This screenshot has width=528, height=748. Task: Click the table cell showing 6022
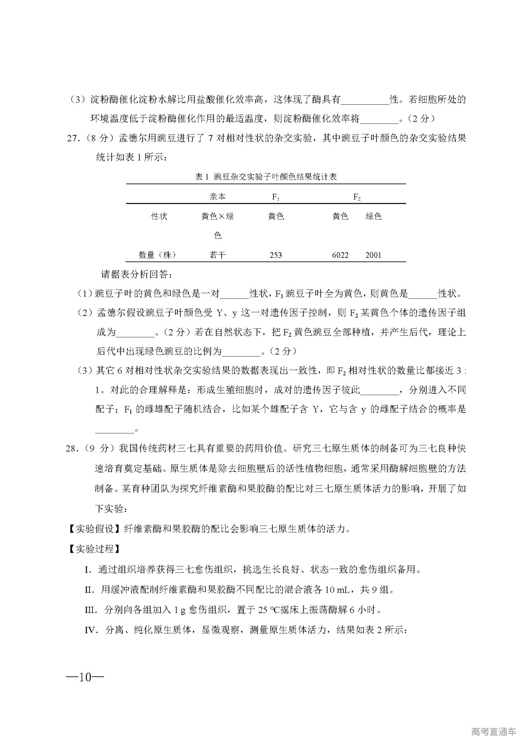click(x=340, y=255)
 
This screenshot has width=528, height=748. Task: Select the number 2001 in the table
click(x=373, y=255)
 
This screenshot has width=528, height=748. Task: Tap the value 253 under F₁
click(x=276, y=255)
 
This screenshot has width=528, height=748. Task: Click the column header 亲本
click(x=217, y=197)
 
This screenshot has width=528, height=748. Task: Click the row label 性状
click(x=159, y=216)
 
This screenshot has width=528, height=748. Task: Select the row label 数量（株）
click(x=157, y=255)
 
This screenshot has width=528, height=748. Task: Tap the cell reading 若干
click(x=217, y=255)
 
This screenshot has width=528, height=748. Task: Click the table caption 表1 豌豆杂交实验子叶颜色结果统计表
click(x=266, y=177)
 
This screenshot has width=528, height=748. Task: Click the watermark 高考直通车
click(x=493, y=732)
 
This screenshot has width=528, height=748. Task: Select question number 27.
click(x=72, y=139)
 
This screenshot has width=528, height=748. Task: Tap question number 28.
click(x=72, y=449)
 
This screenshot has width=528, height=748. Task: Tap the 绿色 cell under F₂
click(x=373, y=216)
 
